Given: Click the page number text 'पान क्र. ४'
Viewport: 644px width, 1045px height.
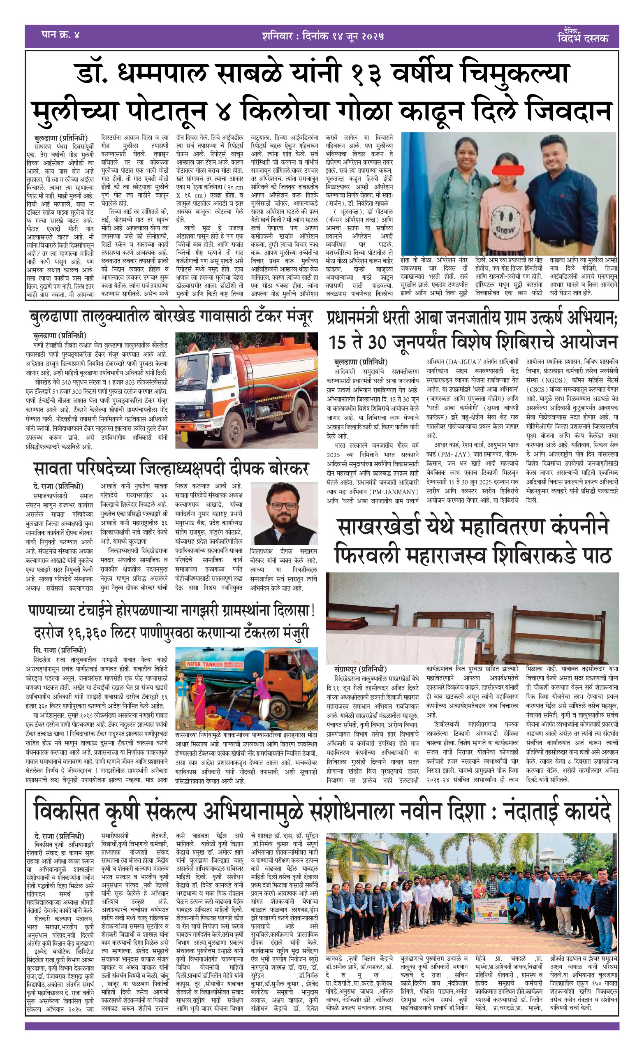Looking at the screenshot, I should click(x=60, y=35).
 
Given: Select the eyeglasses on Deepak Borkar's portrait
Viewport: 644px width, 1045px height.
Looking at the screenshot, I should click(x=283, y=506).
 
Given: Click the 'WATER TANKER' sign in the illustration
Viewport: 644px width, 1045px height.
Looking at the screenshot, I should click(x=205, y=664).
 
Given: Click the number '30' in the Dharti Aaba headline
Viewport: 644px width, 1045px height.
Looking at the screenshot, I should click(x=373, y=342).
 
